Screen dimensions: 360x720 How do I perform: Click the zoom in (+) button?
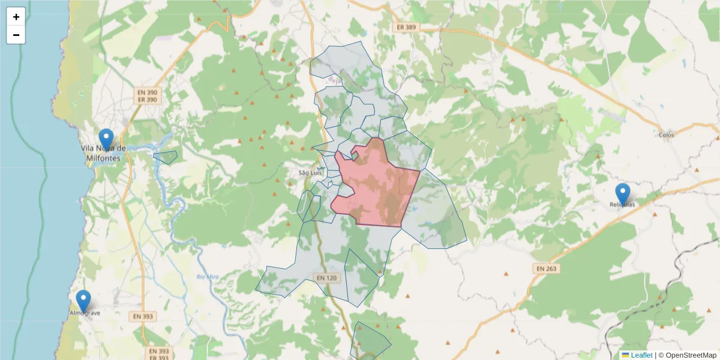pyautogui.click(x=16, y=17)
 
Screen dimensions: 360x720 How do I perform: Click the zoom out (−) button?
pyautogui.click(x=16, y=35)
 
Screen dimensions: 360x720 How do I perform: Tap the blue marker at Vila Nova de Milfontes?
pyautogui.click(x=106, y=139)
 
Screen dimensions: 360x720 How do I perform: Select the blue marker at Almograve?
pyautogui.click(x=83, y=301)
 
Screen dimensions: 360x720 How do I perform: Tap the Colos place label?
pyautogui.click(x=666, y=135)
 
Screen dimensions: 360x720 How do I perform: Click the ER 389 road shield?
pyautogui.click(x=406, y=28)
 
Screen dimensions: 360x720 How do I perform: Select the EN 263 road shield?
pyautogui.click(x=545, y=269)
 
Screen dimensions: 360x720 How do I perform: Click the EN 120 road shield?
pyautogui.click(x=327, y=278)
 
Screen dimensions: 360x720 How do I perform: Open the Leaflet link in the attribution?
pyautogui.click(x=641, y=355)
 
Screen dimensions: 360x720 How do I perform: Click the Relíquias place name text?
pyautogui.click(x=622, y=205)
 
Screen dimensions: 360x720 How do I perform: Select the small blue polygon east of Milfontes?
pyautogui.click(x=166, y=158)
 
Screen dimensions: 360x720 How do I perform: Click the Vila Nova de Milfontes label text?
pyautogui.click(x=104, y=153)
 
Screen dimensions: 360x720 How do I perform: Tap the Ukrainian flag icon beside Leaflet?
pyautogui.click(x=625, y=355)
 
